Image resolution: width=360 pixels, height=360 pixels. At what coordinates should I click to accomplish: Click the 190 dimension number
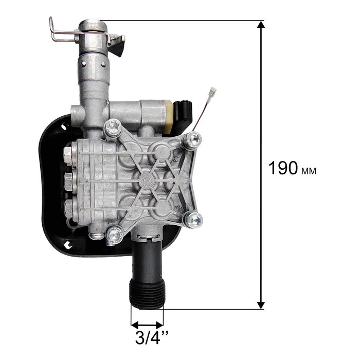click(283, 168)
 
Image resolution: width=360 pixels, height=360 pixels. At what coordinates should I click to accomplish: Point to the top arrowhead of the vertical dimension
click(261, 25)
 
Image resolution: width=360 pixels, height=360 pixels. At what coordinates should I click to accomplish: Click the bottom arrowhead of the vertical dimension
click(261, 305)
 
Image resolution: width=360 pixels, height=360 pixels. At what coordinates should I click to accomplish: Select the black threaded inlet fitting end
click(147, 294)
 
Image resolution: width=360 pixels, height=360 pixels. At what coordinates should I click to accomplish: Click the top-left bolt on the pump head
click(113, 128)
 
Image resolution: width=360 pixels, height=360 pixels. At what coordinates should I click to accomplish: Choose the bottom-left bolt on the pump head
click(114, 235)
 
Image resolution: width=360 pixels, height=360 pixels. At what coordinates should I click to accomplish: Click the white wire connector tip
click(212, 93)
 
